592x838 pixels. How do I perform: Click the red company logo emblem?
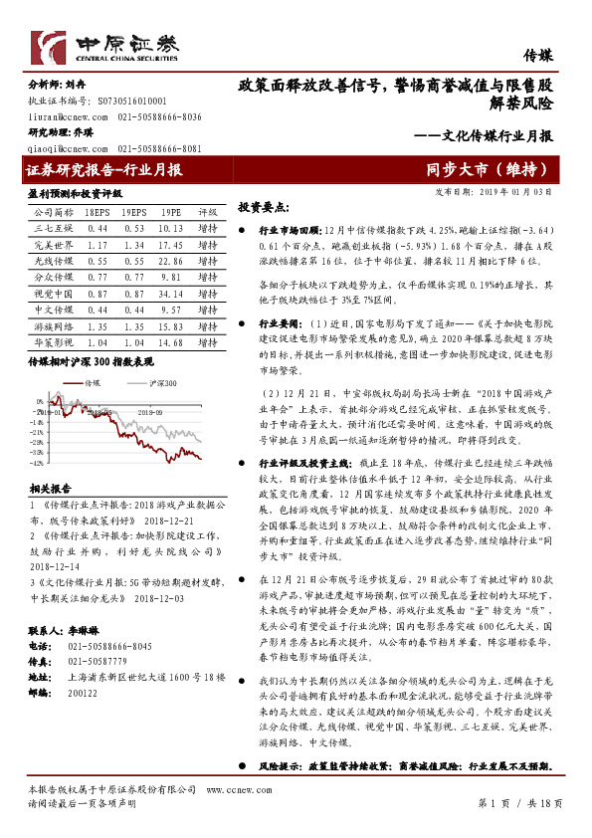[47, 47]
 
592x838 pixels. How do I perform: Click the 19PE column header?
[170, 212]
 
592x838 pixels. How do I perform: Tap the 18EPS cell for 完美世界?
[98, 245]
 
